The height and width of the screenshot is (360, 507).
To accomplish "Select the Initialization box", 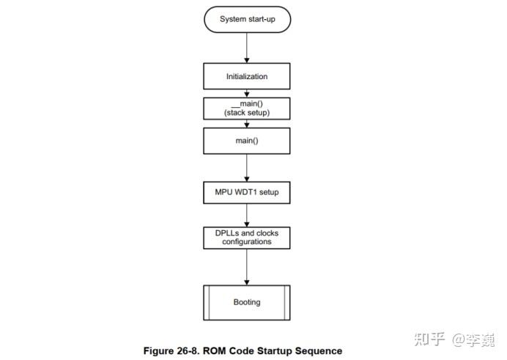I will click(x=246, y=76).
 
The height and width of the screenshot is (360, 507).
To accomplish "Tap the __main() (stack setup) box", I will click(x=246, y=109).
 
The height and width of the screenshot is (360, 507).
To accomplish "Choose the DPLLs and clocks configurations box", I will click(x=246, y=238).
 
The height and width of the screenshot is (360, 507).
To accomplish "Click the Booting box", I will click(x=246, y=302).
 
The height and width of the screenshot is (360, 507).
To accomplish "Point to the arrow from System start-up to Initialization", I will click(x=246, y=48).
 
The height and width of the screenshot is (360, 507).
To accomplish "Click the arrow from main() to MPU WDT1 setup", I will click(x=246, y=167).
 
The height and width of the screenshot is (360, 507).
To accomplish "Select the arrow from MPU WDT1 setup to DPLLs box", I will click(x=246, y=216).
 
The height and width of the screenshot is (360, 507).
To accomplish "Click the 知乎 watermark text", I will click(x=429, y=339).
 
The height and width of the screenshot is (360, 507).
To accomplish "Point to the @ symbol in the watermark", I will click(x=458, y=339).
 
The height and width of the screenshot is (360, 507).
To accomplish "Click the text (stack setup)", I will click(x=246, y=114).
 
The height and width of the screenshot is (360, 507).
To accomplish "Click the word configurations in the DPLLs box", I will click(x=246, y=242).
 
